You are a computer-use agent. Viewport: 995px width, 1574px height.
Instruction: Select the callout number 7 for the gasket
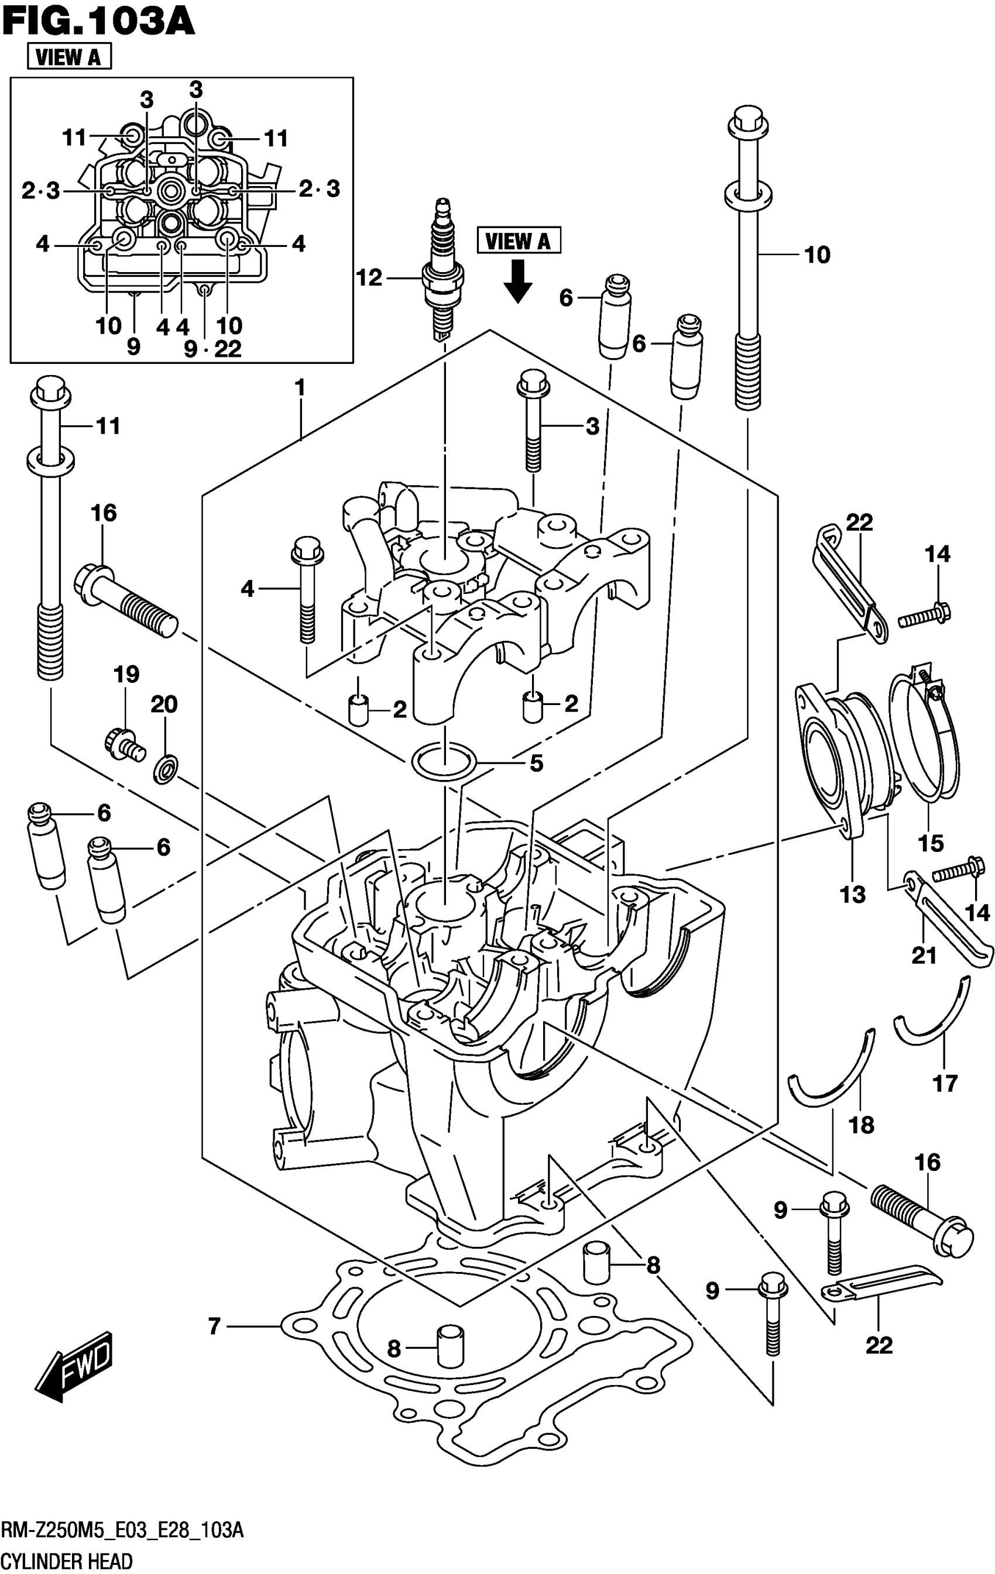coord(214,1326)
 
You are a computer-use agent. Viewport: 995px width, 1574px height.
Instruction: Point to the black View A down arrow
coord(518,280)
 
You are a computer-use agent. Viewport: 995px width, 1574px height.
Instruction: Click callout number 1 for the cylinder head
coord(300,389)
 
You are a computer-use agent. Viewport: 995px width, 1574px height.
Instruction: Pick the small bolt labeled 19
coord(123,744)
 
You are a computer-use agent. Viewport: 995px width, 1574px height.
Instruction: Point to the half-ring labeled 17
coord(935,1014)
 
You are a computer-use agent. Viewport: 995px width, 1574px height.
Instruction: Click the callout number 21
coord(924,956)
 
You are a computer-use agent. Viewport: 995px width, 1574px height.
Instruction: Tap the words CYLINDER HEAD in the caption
coord(67,1561)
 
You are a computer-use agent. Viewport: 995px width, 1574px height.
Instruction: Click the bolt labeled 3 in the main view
coord(531,425)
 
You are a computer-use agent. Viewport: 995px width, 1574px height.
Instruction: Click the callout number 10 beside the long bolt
coord(817,255)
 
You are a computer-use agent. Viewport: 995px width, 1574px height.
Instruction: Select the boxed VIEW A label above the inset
coord(68,57)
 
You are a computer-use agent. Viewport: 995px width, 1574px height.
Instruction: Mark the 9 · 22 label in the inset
coord(212,348)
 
